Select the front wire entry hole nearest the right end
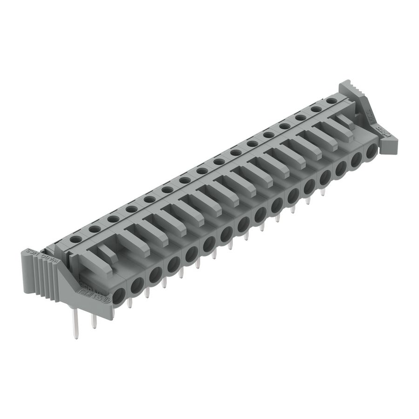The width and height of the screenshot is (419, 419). (x=372, y=152)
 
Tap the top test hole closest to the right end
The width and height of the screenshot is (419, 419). (x=331, y=101)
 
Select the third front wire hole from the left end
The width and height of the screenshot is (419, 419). (x=155, y=274)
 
